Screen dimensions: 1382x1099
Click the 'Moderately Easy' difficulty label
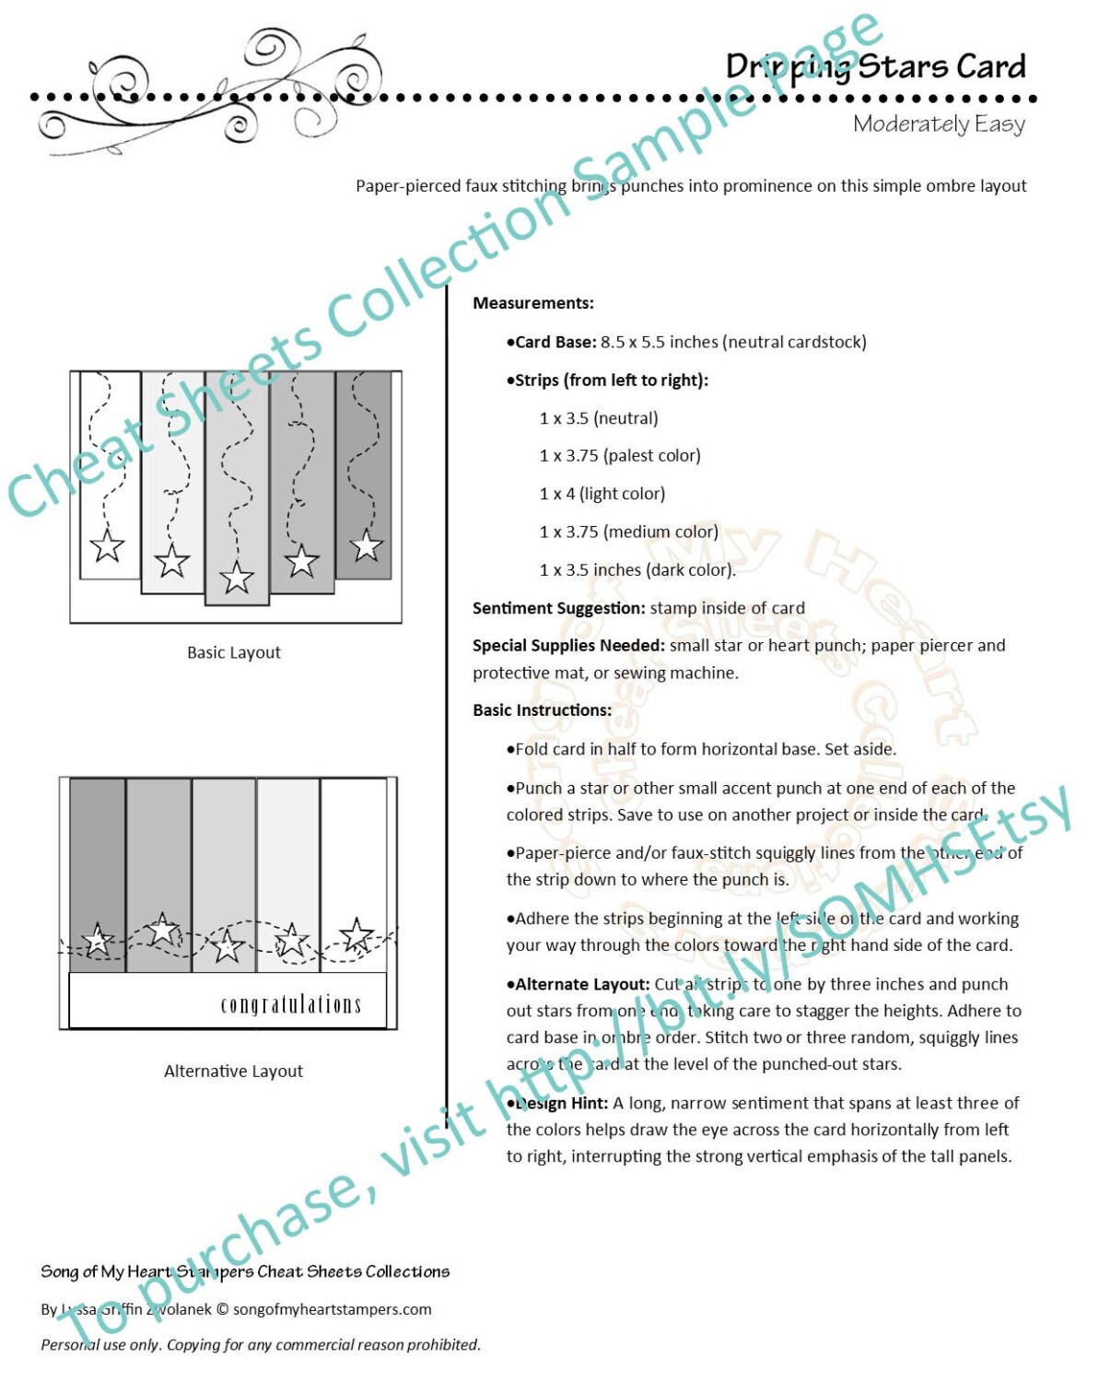pyautogui.click(x=938, y=123)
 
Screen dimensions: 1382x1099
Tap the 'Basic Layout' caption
pyautogui.click(x=233, y=652)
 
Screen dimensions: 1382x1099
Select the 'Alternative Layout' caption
pyautogui.click(x=233, y=1071)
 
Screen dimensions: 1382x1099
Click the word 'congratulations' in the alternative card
pyautogui.click(x=290, y=1003)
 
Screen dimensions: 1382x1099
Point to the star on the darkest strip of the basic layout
pyautogui.click(x=366, y=545)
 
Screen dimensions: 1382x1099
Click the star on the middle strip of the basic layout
pyautogui.click(x=237, y=578)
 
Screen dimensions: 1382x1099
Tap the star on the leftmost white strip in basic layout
pyautogui.click(x=107, y=546)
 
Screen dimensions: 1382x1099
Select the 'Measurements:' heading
pyautogui.click(x=532, y=303)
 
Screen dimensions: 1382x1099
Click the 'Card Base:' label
pyautogui.click(x=554, y=342)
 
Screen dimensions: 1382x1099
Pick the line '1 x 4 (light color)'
pyautogui.click(x=602, y=494)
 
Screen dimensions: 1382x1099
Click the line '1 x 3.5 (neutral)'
pyautogui.click(x=598, y=418)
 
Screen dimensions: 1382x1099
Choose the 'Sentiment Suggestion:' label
pyautogui.click(x=558, y=608)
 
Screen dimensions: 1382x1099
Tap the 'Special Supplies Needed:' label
pyautogui.click(x=567, y=646)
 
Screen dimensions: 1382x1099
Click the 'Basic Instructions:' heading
pyautogui.click(x=542, y=710)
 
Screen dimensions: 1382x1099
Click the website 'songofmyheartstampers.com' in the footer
pyautogui.click(x=332, y=1309)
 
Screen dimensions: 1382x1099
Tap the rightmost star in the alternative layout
pyautogui.click(x=357, y=934)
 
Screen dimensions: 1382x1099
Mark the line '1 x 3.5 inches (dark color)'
pyautogui.click(x=637, y=570)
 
